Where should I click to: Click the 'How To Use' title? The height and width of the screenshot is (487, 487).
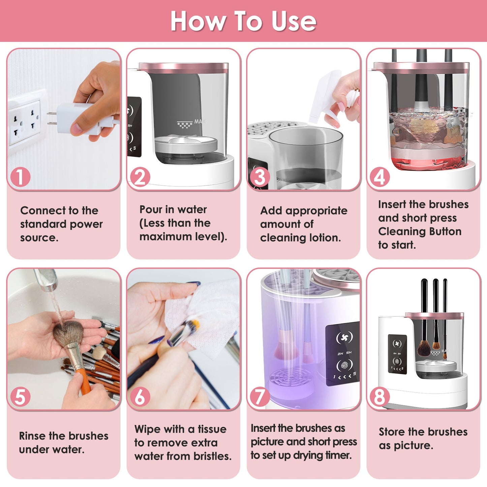tap(243, 21)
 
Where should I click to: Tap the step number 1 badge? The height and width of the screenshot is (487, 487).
tap(20, 177)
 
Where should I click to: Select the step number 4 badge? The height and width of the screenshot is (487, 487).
tap(379, 177)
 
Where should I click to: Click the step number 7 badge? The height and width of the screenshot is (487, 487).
tap(260, 397)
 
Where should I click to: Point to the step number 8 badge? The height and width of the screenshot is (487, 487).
tap(379, 397)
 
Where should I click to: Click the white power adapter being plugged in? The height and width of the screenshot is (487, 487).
tap(72, 118)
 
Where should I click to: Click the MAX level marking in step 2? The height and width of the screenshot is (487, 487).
tap(199, 121)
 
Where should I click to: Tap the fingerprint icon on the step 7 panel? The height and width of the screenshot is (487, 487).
tap(344, 365)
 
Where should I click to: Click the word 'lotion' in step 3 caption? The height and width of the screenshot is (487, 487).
tap(325, 238)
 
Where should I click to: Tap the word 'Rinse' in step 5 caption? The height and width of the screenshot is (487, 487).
tap(32, 436)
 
